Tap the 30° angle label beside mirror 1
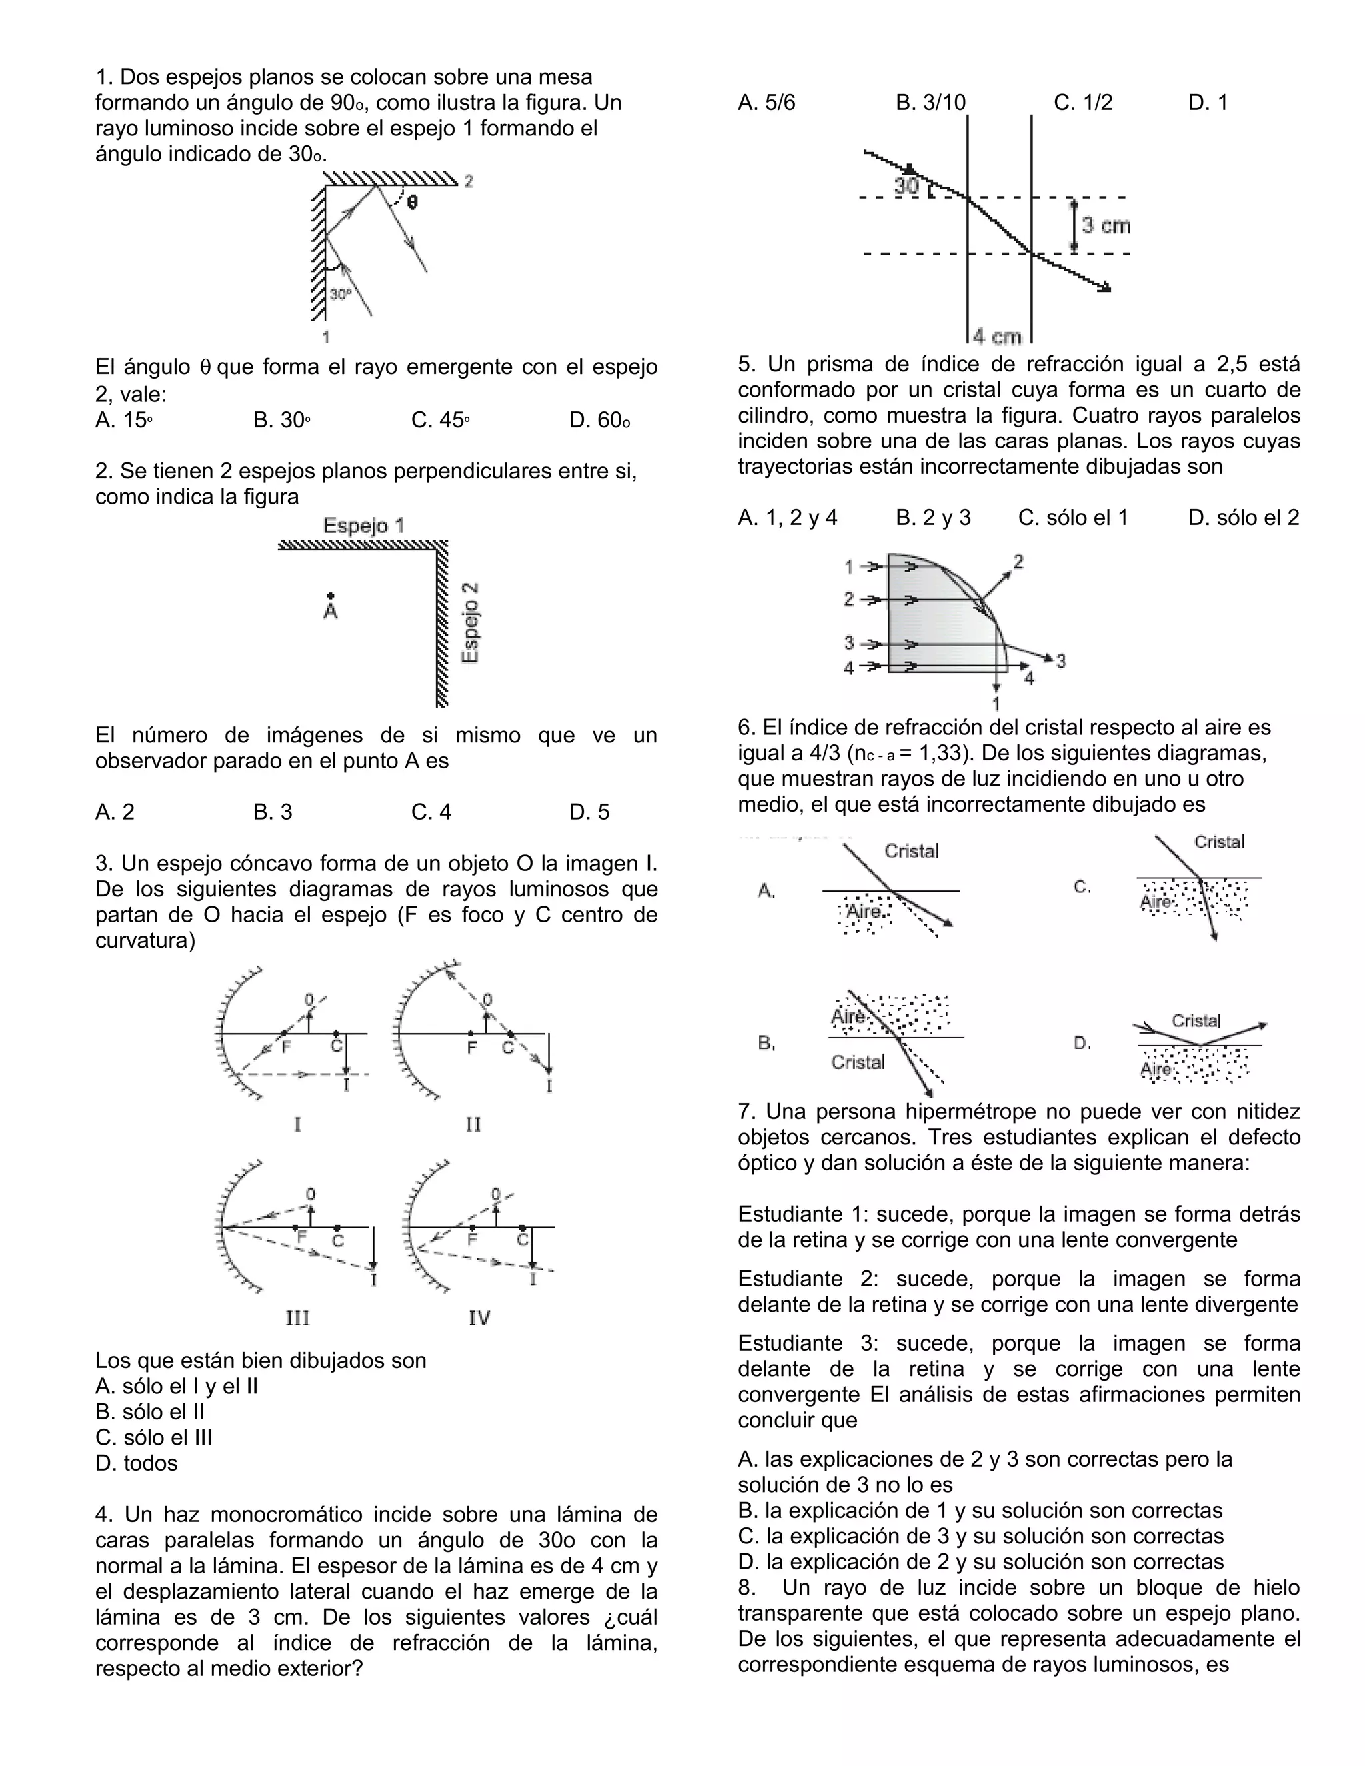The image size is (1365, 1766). [x=341, y=295]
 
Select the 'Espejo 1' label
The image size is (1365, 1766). [x=363, y=526]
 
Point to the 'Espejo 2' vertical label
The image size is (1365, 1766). [x=470, y=622]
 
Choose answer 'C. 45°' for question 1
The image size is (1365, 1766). [x=440, y=421]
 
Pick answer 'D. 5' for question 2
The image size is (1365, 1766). [x=589, y=812]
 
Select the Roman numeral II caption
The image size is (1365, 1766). [x=473, y=1125]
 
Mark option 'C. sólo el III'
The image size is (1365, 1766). [x=154, y=1437]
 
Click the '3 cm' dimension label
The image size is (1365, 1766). [x=1106, y=226]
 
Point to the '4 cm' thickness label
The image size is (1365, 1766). [x=998, y=337]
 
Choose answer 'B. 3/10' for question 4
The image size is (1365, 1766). [x=930, y=103]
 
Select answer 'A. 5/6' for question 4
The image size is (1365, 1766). [x=766, y=103]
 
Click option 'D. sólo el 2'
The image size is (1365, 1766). [x=1244, y=518]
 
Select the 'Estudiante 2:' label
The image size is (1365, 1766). [x=808, y=1280]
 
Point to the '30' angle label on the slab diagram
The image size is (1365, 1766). [x=907, y=187]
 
